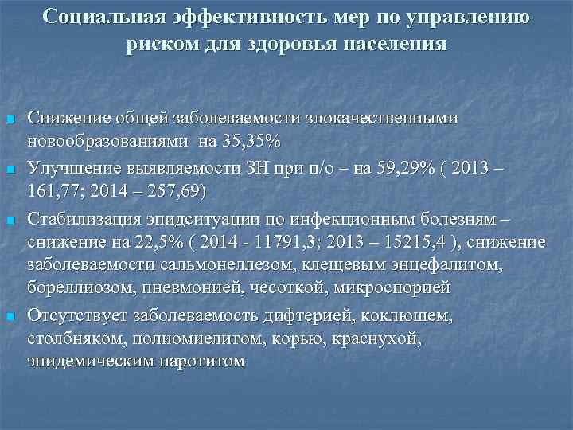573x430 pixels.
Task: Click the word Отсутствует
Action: [x=77, y=316]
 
